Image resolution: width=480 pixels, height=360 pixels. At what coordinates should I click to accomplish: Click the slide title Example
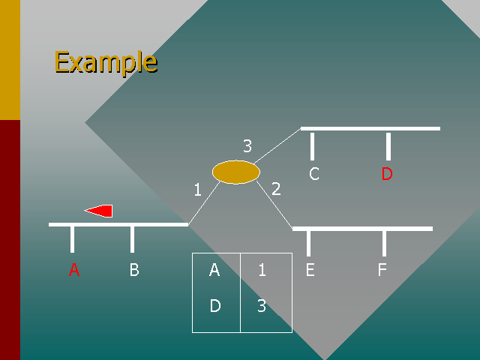point(106,62)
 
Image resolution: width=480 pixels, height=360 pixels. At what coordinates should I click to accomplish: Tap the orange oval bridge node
point(236,172)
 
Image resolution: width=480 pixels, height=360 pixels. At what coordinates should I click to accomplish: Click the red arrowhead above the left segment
point(98,211)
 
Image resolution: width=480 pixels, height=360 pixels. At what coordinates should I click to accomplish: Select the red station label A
point(74,270)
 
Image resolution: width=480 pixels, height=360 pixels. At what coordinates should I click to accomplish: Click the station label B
point(134,270)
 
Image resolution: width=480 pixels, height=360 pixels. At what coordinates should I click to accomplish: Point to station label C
point(314,173)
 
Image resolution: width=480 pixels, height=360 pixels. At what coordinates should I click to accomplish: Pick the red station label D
point(387,173)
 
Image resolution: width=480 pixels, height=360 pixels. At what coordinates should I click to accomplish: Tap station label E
point(310,270)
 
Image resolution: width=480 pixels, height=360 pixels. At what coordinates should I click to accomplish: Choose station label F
point(382,270)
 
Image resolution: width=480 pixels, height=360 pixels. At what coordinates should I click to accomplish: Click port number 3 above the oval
point(247,145)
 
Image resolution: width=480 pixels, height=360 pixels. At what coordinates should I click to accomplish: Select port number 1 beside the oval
point(198,190)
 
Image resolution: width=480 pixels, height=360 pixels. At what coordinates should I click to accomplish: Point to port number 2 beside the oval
point(276,188)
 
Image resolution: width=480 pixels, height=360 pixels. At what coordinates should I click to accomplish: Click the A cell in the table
point(214,270)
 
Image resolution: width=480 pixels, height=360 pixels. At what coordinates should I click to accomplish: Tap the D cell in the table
point(215,305)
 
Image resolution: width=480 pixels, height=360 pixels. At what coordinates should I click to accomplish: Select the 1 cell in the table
point(262,270)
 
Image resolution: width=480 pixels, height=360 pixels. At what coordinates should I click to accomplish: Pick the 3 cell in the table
point(262,305)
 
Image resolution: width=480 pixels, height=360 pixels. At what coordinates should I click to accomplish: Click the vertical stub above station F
point(384,244)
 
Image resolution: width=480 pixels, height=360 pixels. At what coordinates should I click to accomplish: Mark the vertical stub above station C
point(312,146)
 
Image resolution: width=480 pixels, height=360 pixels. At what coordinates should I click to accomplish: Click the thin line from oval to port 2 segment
point(274,205)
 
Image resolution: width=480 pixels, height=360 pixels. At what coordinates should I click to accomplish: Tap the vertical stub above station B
point(132,240)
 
